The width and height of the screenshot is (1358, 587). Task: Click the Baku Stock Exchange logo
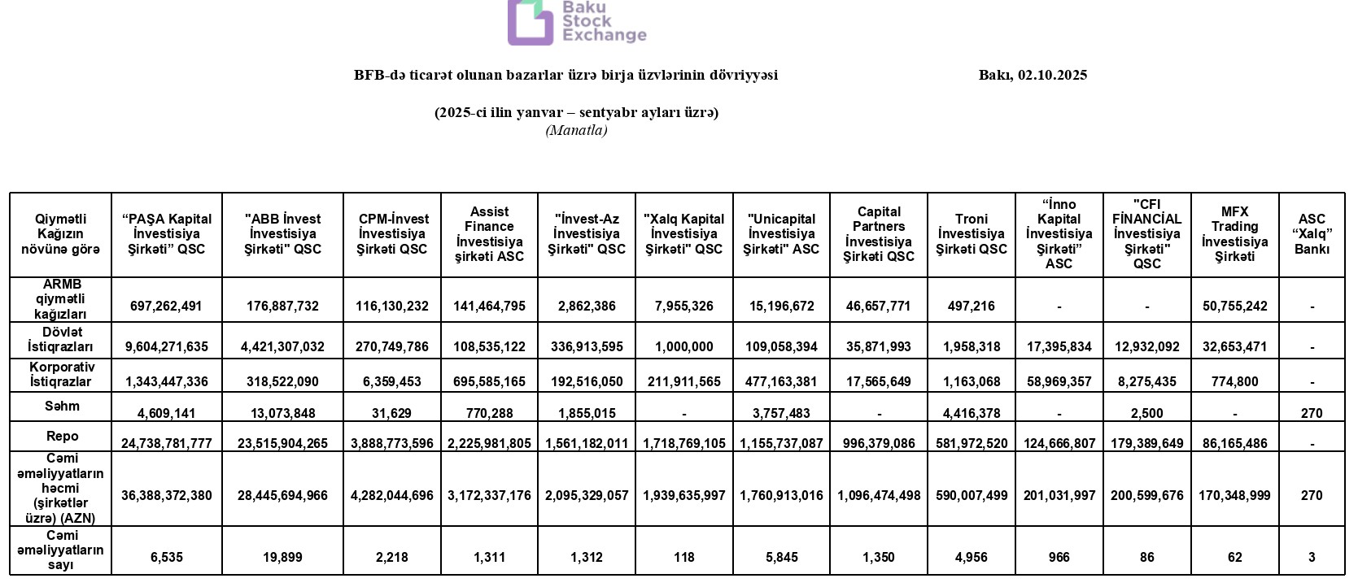point(576,22)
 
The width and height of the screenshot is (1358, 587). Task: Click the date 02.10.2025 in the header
point(1052,75)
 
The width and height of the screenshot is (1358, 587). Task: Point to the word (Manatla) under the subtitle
point(576,130)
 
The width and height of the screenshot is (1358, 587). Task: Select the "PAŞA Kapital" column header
point(167,234)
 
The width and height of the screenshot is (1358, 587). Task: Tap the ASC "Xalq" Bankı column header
point(1312,234)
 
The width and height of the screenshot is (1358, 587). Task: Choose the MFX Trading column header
point(1234,234)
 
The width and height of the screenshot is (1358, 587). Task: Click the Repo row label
point(60,436)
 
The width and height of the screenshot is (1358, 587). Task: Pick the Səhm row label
point(60,406)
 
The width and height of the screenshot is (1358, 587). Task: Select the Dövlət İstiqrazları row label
point(60,339)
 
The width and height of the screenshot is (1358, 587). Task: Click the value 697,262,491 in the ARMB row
point(167,307)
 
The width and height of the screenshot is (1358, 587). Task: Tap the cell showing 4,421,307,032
point(282,346)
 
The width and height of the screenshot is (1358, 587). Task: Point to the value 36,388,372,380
point(167,495)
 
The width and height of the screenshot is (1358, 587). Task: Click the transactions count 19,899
point(282,557)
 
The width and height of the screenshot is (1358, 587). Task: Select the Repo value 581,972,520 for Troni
point(972,443)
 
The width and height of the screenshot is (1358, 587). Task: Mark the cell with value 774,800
point(1234,381)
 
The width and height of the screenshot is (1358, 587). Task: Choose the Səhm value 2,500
point(1146,413)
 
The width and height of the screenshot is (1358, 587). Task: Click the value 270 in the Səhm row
point(1312,413)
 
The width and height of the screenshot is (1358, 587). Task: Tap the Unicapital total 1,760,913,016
point(781,495)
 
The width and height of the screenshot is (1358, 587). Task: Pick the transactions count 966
point(1059,557)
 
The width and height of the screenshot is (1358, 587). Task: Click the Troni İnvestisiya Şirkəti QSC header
point(972,234)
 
